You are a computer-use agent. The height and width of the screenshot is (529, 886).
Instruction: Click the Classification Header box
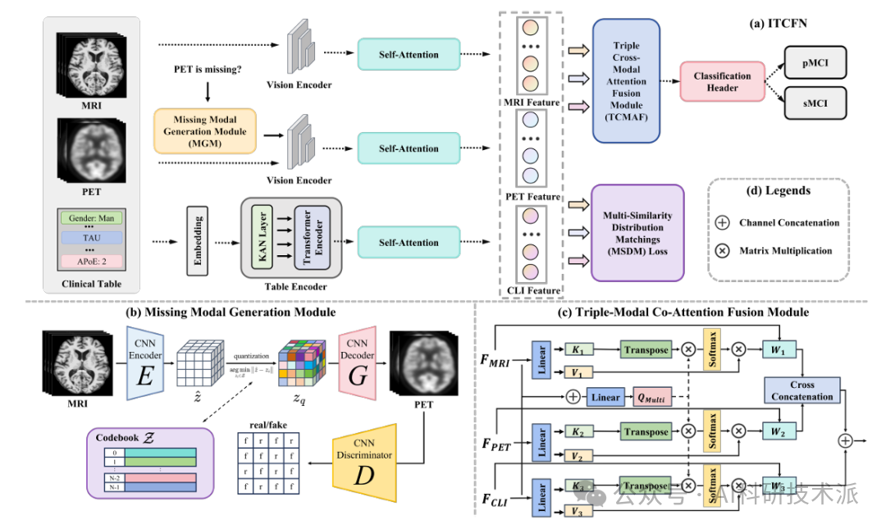point(722,82)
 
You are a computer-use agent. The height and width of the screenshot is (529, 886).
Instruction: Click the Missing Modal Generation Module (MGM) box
point(205,130)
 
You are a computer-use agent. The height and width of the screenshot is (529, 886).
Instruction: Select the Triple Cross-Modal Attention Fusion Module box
point(627,81)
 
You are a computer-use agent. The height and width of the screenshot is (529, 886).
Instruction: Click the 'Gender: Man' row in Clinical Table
point(90,218)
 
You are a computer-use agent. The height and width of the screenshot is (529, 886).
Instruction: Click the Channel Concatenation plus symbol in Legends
point(723,222)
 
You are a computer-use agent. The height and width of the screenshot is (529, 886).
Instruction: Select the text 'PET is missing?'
point(208,71)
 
